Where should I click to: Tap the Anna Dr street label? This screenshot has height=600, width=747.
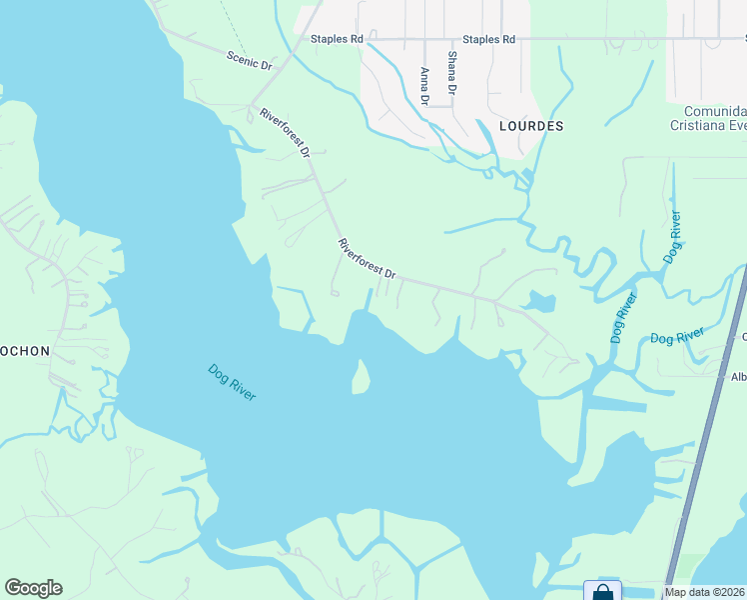tap(424, 86)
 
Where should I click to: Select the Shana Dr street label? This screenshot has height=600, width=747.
tap(452, 73)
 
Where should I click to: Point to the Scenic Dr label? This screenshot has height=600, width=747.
tap(250, 59)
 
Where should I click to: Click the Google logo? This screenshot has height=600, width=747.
tap(33, 588)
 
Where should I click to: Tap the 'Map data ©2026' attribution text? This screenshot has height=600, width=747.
tap(705, 592)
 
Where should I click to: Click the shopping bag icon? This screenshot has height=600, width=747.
tap(603, 592)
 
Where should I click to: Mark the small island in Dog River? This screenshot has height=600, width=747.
tap(361, 378)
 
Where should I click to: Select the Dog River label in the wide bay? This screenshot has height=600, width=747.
tap(232, 382)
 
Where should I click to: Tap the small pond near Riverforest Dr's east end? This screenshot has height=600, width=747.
tap(540, 301)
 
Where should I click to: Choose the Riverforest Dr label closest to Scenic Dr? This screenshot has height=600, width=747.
tap(286, 132)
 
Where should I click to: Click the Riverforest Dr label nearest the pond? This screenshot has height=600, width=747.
tap(368, 258)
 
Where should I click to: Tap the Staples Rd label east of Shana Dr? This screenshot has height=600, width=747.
tap(494, 39)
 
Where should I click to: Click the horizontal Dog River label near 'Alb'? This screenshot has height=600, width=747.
tap(678, 336)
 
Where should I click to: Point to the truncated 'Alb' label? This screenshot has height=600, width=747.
tap(739, 377)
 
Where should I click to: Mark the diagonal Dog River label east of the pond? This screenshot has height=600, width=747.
tap(624, 319)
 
